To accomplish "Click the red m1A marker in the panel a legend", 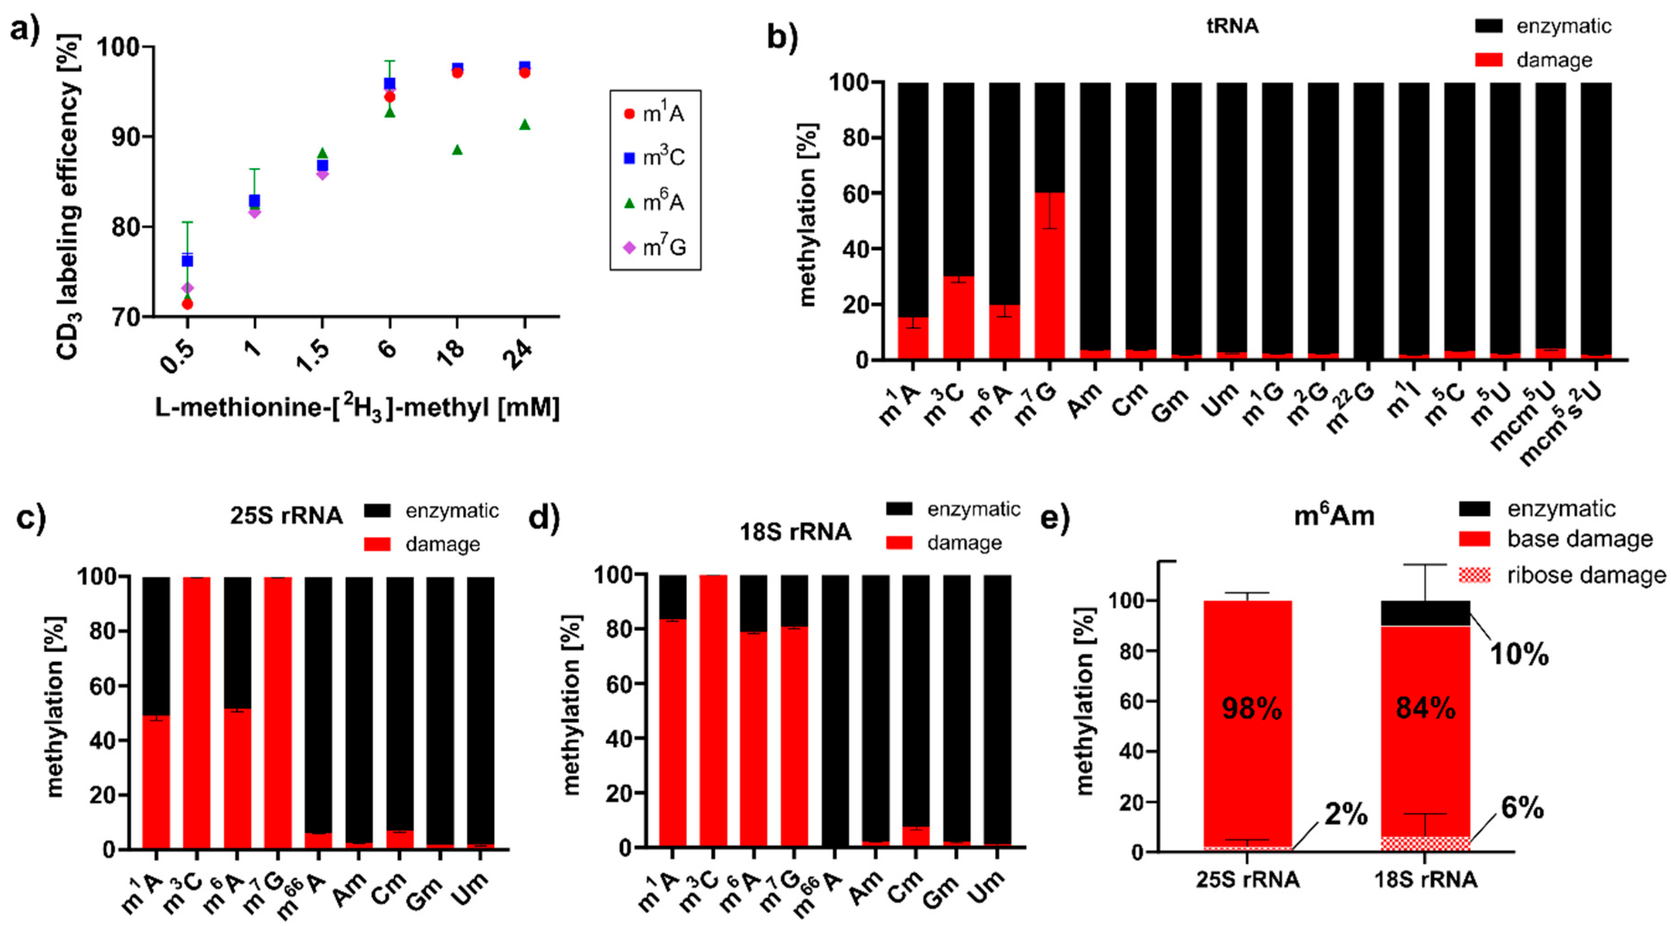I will tap(628, 114).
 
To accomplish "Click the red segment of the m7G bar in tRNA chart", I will tap(1049, 276).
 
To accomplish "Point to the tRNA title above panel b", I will tap(1232, 26).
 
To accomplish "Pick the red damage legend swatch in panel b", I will tap(1488, 60).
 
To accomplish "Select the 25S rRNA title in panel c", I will tap(286, 516).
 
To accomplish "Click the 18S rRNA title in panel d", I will tap(795, 532).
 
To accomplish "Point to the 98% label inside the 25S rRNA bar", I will tap(1251, 709).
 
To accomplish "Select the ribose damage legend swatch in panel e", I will tap(1474, 575).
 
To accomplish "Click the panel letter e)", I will tap(1056, 518).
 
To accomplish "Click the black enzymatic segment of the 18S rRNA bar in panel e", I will tap(1425, 613).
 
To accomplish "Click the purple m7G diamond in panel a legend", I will tap(628, 248).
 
